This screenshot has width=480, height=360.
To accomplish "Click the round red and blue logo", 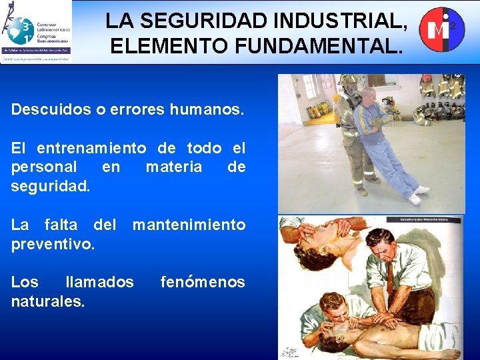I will [441, 29].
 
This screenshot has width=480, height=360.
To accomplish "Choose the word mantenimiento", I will [189, 225].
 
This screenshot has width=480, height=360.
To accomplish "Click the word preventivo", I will [53, 244].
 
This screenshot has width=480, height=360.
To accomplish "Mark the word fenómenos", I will [203, 283].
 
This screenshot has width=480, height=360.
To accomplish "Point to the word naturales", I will [48, 301].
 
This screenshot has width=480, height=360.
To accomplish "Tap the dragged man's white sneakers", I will [417, 195].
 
